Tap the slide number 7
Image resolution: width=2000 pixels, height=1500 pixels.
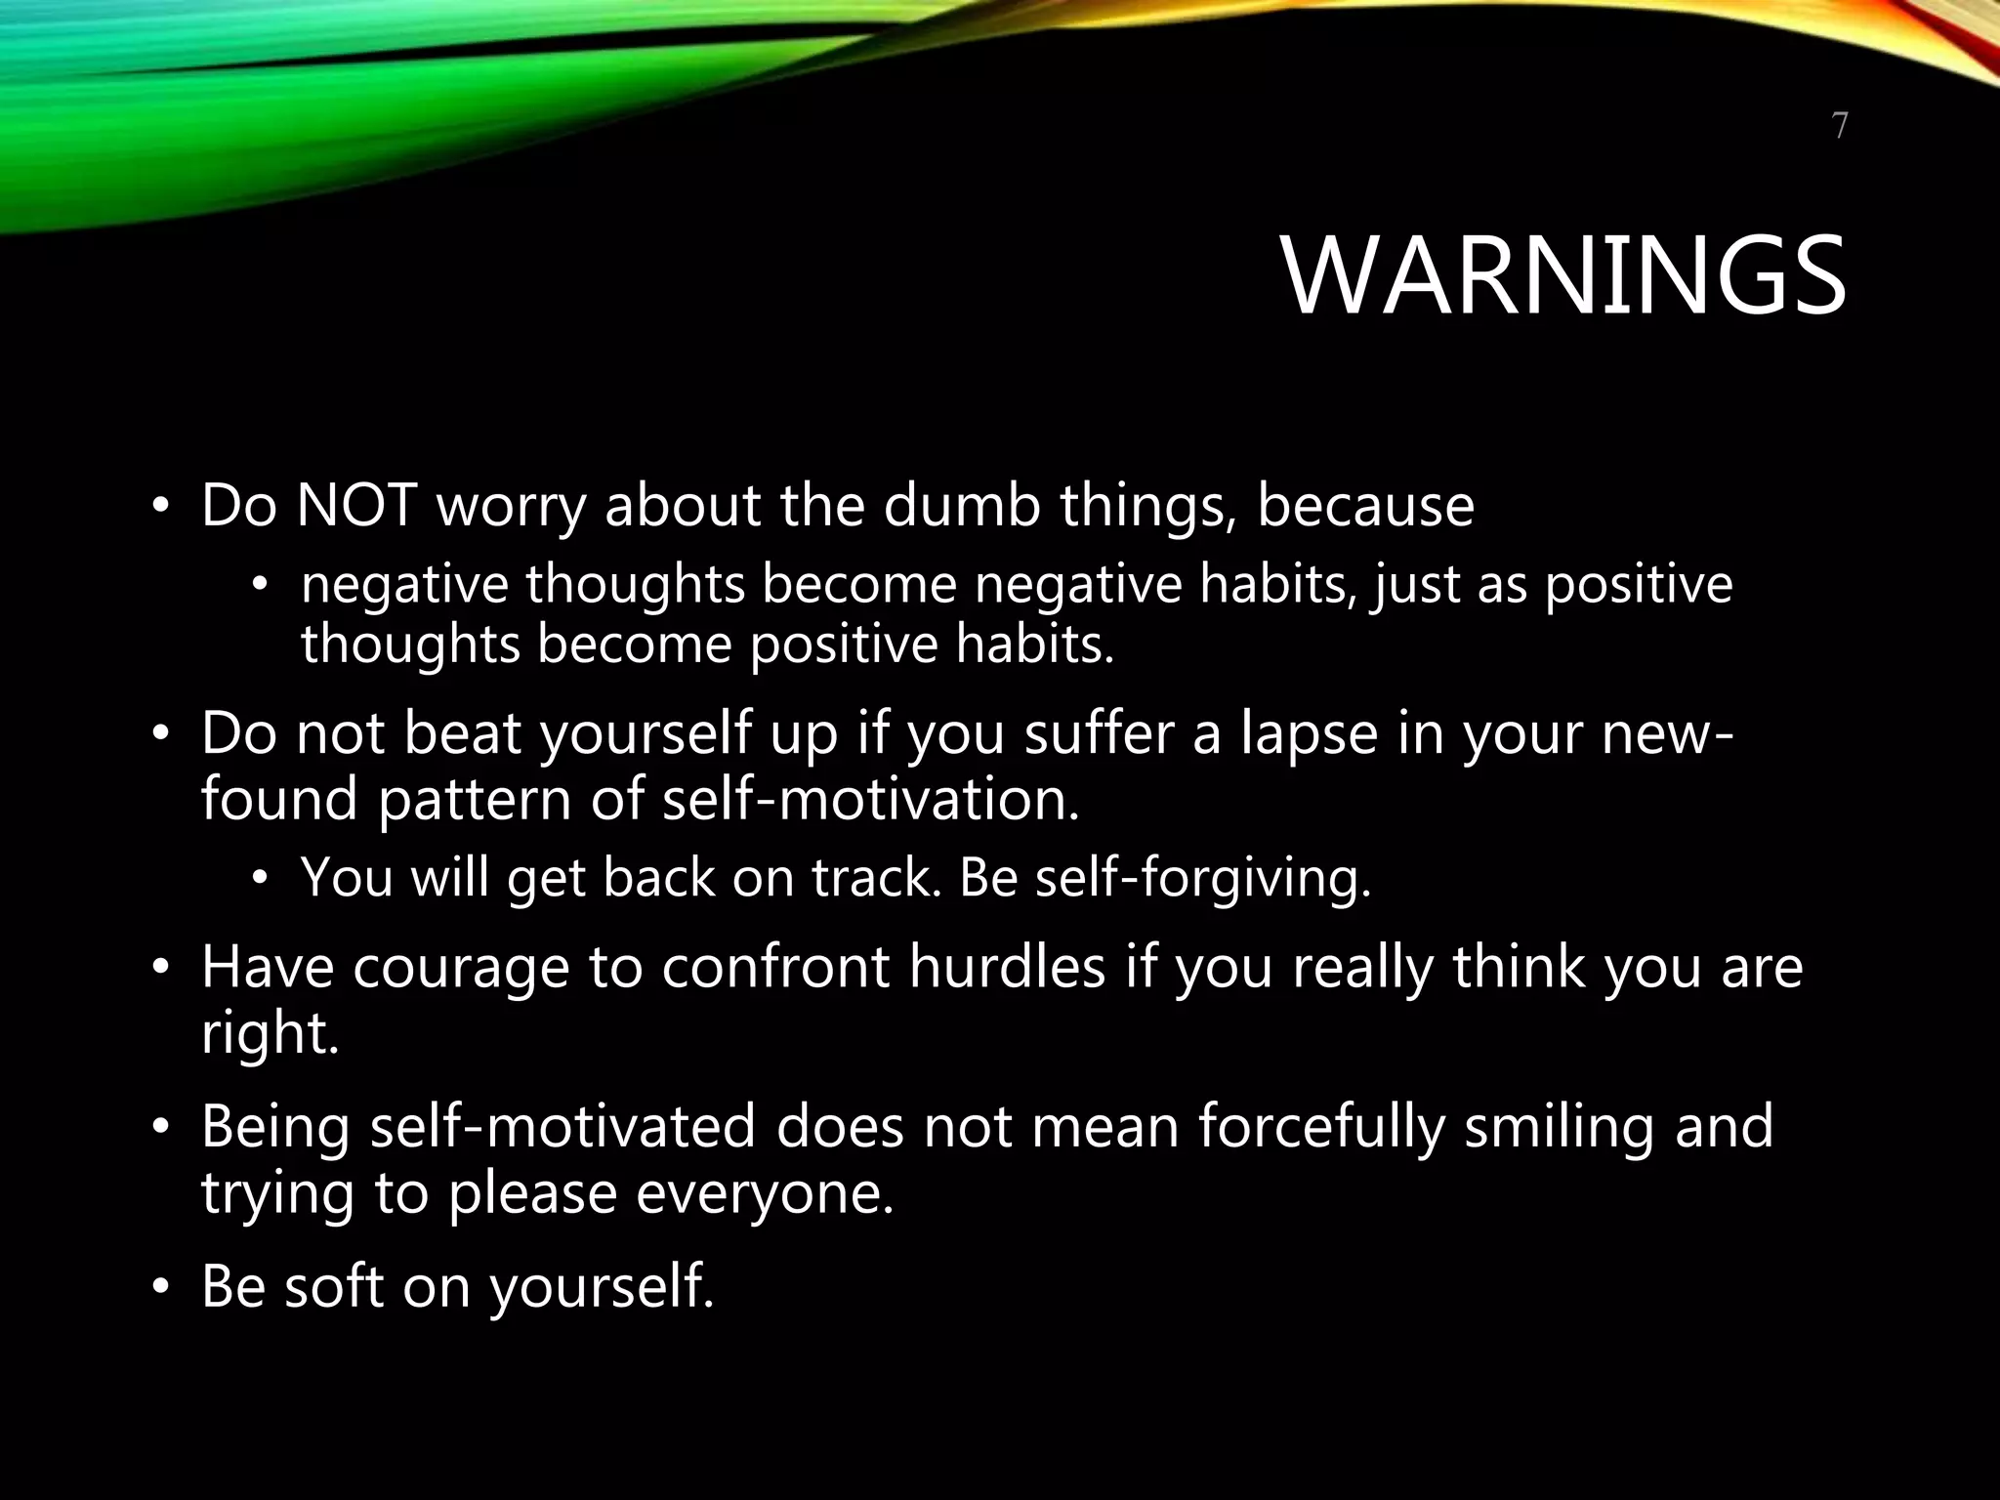point(1839,127)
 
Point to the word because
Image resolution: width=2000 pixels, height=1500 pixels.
point(1365,506)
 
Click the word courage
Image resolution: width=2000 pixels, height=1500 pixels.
point(460,969)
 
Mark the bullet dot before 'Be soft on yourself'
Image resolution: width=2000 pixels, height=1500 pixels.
point(160,1288)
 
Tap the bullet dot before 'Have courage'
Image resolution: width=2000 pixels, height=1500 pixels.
point(160,969)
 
